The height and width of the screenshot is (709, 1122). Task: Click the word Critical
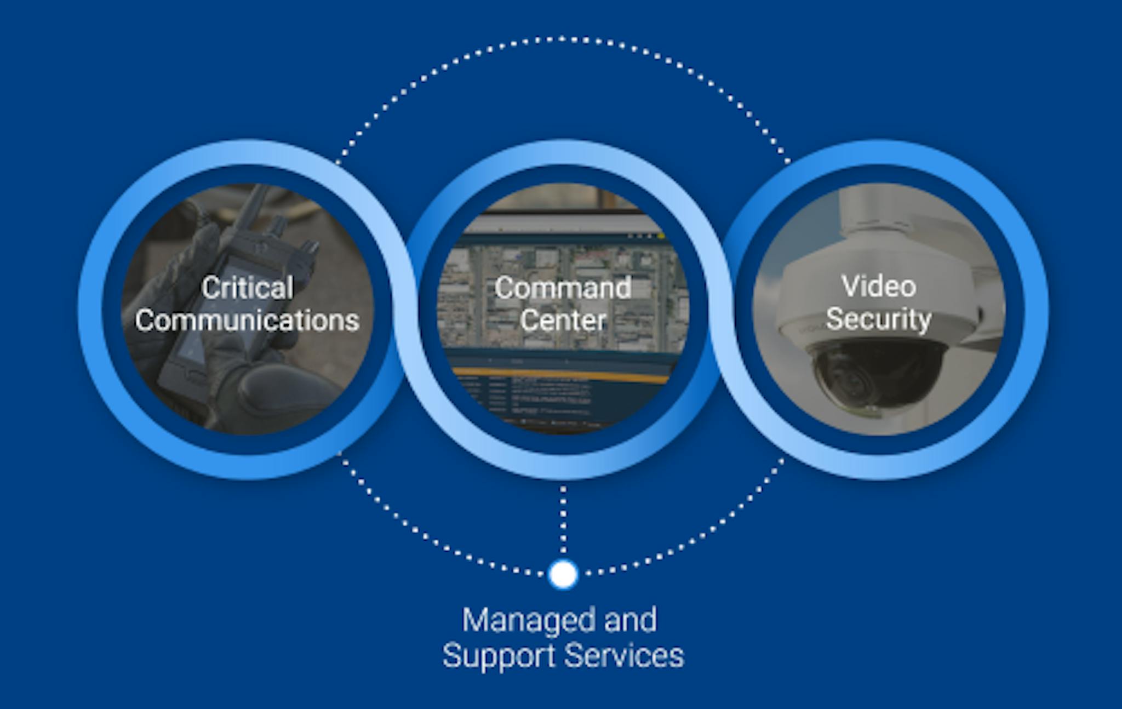click(247, 288)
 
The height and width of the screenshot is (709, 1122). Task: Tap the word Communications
click(247, 320)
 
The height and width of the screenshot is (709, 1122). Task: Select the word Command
click(563, 288)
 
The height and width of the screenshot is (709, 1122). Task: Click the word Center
click(563, 320)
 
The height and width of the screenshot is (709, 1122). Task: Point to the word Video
click(878, 286)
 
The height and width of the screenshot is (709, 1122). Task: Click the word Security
click(878, 318)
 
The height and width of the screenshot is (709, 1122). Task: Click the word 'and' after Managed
click(630, 621)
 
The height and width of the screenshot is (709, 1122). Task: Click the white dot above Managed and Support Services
click(563, 574)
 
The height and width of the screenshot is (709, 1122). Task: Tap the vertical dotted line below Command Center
click(563, 521)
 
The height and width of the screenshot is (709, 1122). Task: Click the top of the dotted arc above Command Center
click(563, 39)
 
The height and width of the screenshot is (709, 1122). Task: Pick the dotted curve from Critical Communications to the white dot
click(427, 537)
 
